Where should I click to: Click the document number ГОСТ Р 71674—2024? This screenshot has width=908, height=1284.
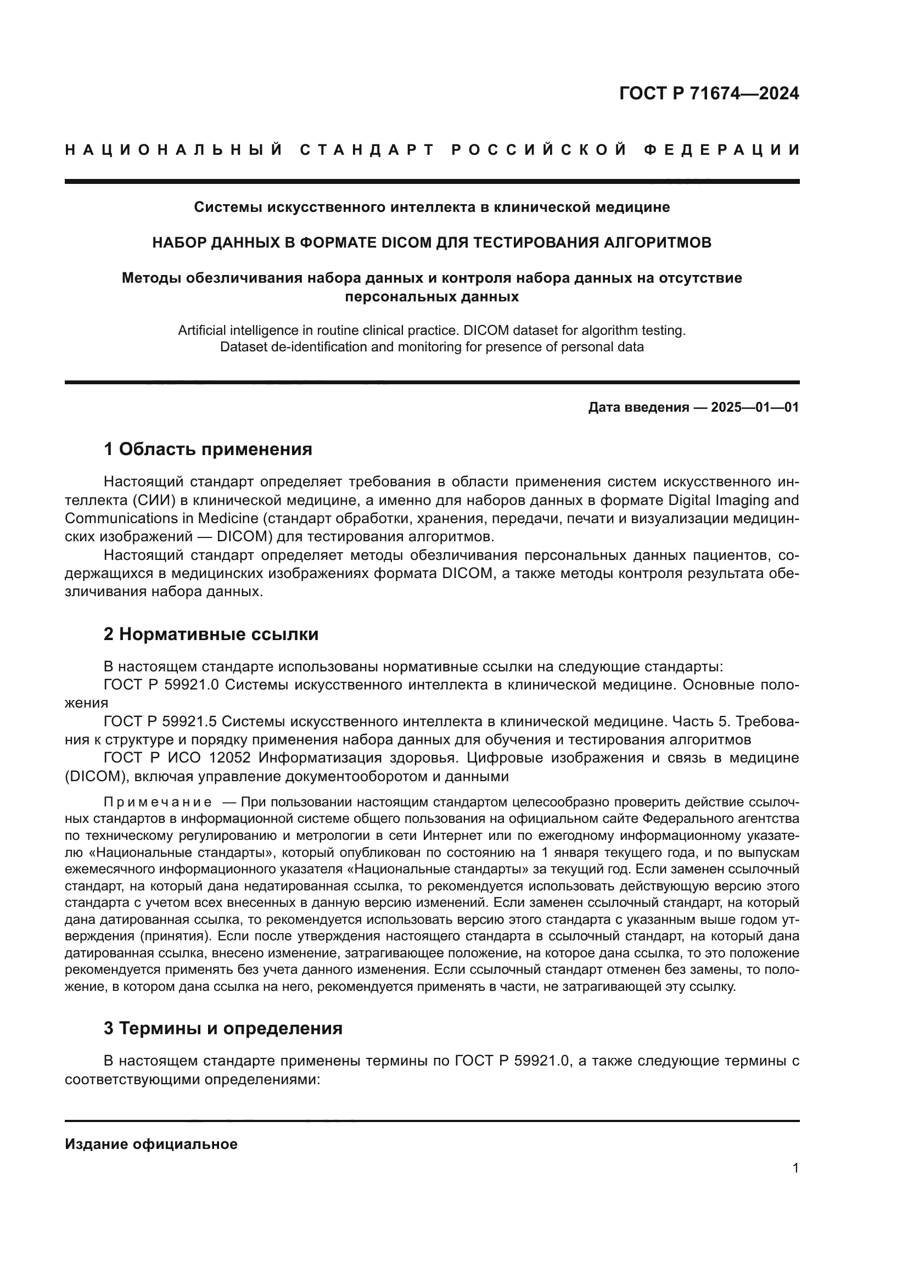click(708, 93)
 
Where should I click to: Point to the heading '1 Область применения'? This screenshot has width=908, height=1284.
click(208, 449)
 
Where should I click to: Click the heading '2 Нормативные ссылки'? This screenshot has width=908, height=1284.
click(211, 634)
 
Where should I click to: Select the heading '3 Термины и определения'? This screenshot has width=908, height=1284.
click(222, 1028)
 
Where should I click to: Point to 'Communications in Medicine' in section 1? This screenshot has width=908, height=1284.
click(161, 518)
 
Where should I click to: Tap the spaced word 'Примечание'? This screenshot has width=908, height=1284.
click(158, 803)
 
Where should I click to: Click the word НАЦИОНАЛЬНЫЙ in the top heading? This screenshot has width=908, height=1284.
click(173, 150)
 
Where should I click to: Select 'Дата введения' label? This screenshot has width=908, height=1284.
click(638, 407)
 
